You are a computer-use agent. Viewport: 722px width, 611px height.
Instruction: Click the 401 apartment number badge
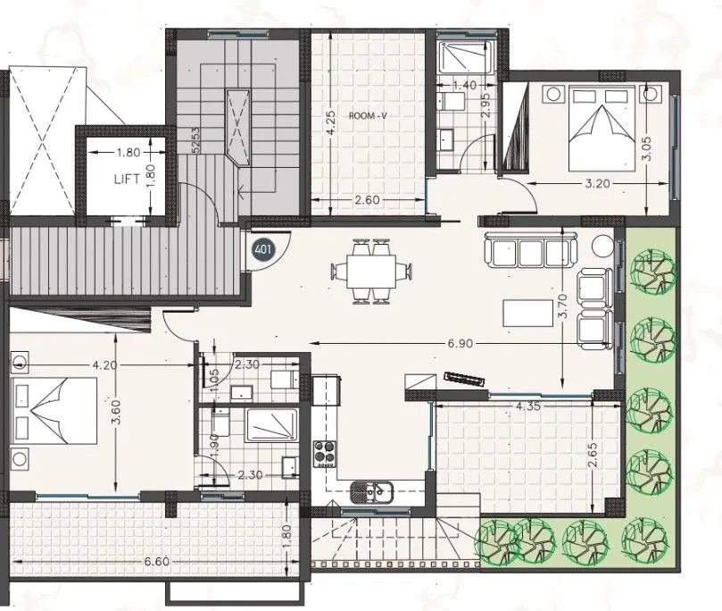tap(263, 250)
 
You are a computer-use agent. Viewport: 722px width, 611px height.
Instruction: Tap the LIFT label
tap(127, 180)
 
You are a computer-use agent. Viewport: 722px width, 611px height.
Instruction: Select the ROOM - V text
tap(368, 115)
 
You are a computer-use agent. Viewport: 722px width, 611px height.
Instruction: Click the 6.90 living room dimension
tap(460, 343)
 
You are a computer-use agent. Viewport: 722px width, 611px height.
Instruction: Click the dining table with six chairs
tap(371, 271)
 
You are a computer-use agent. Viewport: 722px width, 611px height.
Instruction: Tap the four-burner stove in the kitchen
tap(325, 454)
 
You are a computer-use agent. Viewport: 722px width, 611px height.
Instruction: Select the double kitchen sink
tap(371, 491)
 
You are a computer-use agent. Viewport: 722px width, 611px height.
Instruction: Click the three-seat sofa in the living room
tap(530, 250)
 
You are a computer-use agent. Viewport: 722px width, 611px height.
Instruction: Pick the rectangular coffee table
tap(527, 313)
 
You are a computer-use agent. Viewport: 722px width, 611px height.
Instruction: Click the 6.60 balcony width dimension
tap(156, 562)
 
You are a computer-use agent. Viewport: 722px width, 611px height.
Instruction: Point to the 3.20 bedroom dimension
tap(597, 183)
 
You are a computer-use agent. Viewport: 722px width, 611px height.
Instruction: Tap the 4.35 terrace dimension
tap(527, 406)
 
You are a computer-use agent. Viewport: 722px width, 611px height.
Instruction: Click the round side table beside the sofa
tap(603, 246)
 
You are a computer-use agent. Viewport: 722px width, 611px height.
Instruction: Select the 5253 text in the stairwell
tap(195, 140)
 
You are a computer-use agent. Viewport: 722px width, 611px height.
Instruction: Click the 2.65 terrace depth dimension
tap(593, 455)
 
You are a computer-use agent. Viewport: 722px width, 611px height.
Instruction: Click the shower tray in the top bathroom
tap(465, 56)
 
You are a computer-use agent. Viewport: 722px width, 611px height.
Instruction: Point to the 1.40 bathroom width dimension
tap(465, 85)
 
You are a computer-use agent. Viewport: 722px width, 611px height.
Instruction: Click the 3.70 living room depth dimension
tap(563, 306)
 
